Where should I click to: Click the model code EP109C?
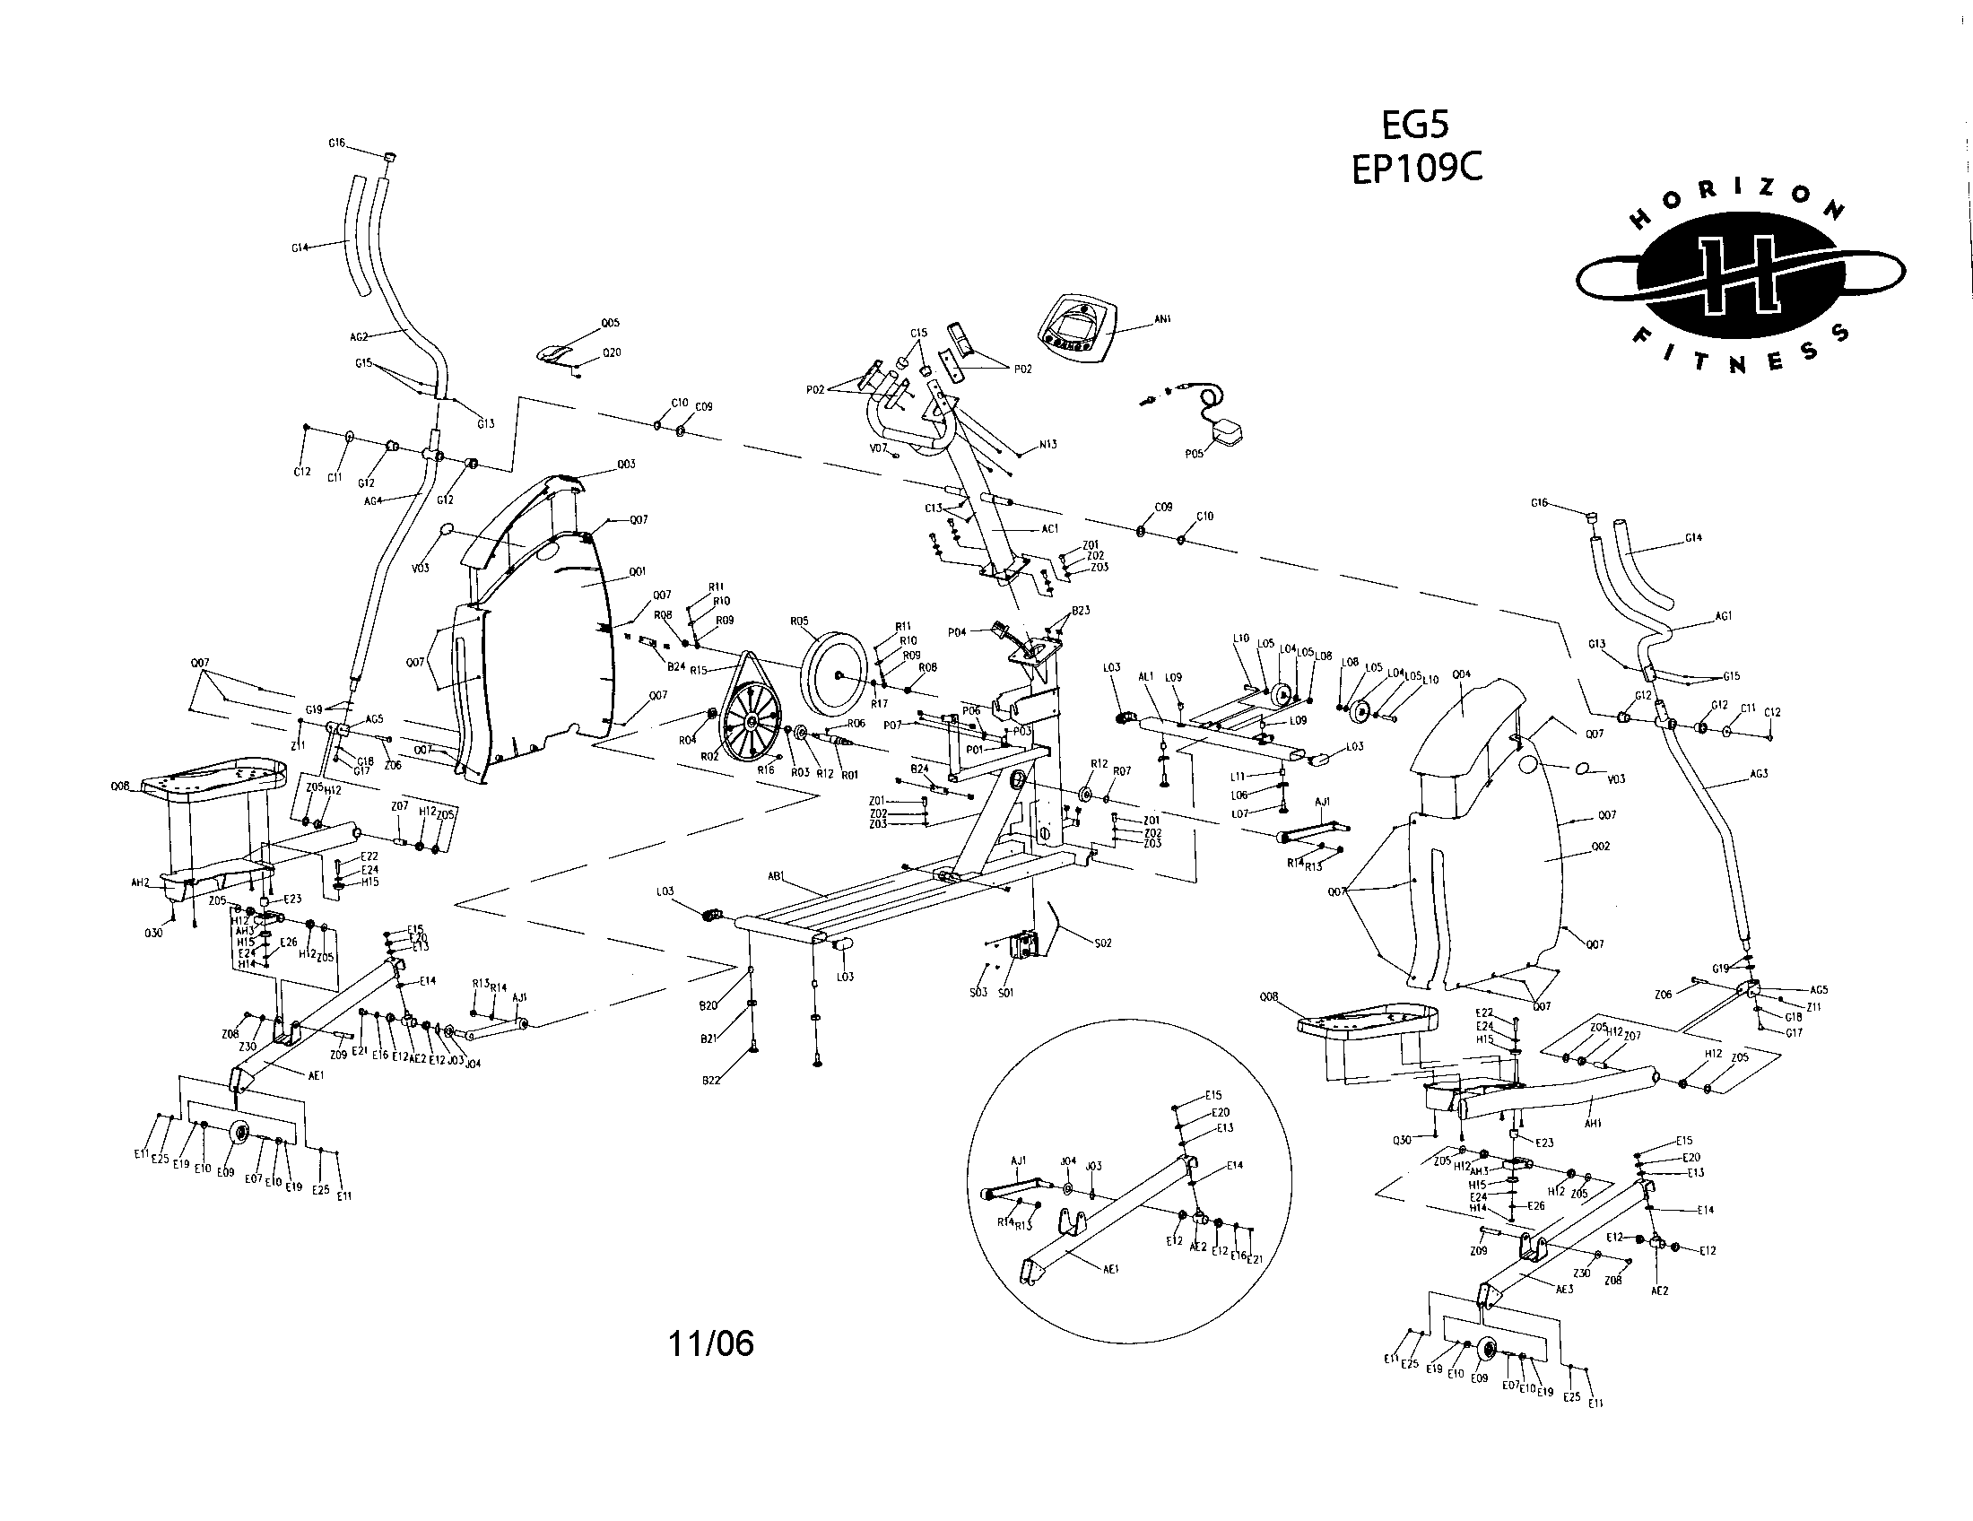pyautogui.click(x=1416, y=169)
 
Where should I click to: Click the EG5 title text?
pyautogui.click(x=1416, y=124)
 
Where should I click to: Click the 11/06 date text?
pyautogui.click(x=711, y=1344)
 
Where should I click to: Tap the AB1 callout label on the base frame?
pyautogui.click(x=775, y=875)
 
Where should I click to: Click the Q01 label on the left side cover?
pyautogui.click(x=637, y=572)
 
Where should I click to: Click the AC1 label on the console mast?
pyautogui.click(x=1049, y=529)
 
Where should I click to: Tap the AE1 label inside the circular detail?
pyautogui.click(x=1111, y=1269)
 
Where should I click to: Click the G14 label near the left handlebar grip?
pyautogui.click(x=300, y=247)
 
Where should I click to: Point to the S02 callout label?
pyautogui.click(x=1102, y=943)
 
